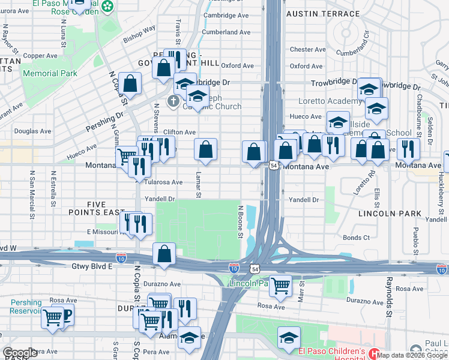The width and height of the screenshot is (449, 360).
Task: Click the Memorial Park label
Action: pyautogui.click(x=50, y=73)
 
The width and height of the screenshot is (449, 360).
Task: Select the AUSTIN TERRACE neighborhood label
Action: pyautogui.click(x=316, y=13)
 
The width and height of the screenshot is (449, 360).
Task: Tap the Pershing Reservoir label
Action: pyautogui.click(x=26, y=307)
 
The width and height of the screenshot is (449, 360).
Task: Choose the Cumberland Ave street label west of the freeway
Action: pyautogui.click(x=226, y=32)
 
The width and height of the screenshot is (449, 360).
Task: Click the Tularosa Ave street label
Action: pyautogui.click(x=163, y=182)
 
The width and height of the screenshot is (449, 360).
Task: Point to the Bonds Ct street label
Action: pyautogui.click(x=357, y=238)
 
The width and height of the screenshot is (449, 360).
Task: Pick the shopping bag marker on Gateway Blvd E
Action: pyautogui.click(x=164, y=254)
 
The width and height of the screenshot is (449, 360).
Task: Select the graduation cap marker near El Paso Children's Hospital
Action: pyautogui.click(x=289, y=338)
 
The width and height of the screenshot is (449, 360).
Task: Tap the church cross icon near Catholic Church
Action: pyautogui.click(x=173, y=101)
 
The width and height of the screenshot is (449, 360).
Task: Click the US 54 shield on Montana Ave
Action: pyautogui.click(x=273, y=165)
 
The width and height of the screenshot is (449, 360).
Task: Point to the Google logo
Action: pyautogui.click(x=20, y=353)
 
